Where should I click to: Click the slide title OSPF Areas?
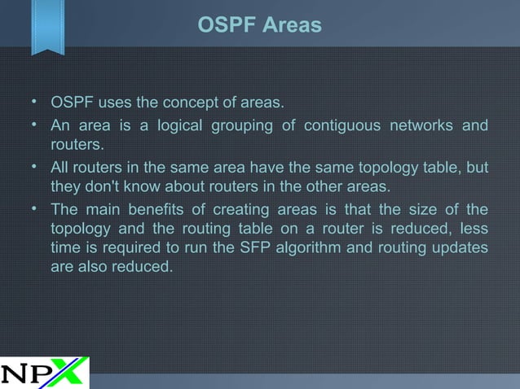click(x=260, y=26)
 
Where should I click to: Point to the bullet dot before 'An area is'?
click(x=34, y=125)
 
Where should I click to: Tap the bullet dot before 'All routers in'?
click(x=34, y=167)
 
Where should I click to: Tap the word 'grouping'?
click(x=242, y=126)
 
